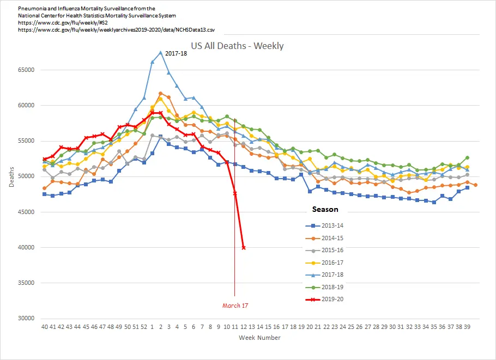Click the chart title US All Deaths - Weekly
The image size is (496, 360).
(237, 46)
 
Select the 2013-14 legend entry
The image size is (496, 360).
(336, 225)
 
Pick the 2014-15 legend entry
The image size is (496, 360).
(336, 238)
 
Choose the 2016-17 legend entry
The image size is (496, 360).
(336, 263)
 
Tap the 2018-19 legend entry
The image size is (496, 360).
(336, 287)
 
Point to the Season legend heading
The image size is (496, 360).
(325, 209)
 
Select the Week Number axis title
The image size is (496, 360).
(259, 338)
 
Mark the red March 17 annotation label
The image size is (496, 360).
(235, 306)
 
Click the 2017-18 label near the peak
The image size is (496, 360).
(176, 53)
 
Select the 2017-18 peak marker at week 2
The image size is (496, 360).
(160, 53)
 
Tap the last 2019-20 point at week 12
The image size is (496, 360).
(243, 247)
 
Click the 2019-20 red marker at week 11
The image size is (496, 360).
(235, 193)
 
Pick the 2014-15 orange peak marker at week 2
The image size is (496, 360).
(160, 93)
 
